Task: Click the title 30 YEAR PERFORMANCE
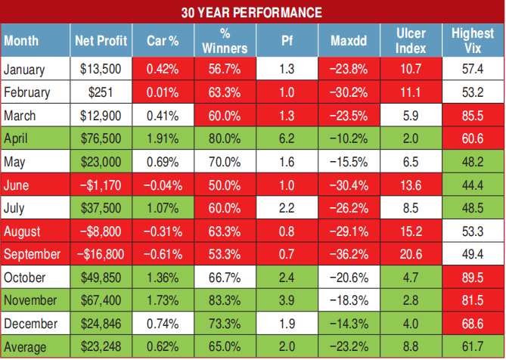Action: pos(252,13)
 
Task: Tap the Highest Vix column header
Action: pos(473,41)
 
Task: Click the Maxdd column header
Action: pos(349,41)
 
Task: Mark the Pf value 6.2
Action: pos(287,139)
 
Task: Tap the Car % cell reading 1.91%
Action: pos(162,139)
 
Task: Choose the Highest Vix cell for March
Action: pos(473,116)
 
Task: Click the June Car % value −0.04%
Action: pos(162,186)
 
